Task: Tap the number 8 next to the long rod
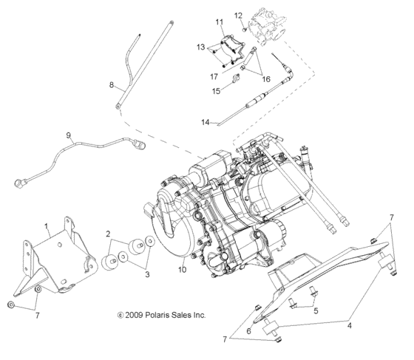[x=112, y=85]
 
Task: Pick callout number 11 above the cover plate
[x=219, y=21]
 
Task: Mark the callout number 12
[x=238, y=15]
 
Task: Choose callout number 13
[x=200, y=47]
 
